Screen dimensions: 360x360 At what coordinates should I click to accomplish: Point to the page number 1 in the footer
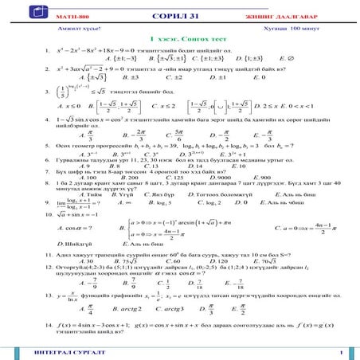[340, 351]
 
